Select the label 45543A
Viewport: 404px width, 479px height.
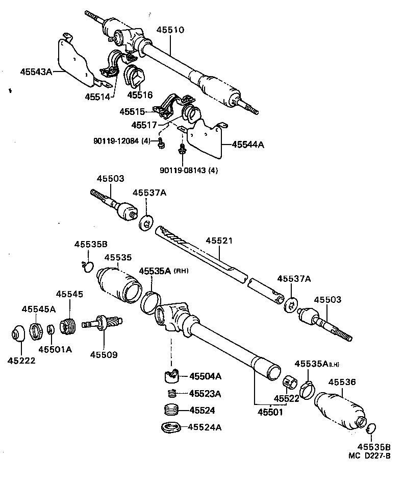(x=36, y=72)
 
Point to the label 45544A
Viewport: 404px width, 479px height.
(x=248, y=145)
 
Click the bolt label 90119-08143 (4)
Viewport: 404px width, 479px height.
(x=187, y=171)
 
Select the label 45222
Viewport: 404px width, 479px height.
(x=21, y=361)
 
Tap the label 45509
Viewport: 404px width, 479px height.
(x=104, y=354)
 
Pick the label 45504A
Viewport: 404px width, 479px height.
(x=206, y=376)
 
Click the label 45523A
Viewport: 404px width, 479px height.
(x=205, y=394)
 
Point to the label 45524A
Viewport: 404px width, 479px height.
(x=205, y=427)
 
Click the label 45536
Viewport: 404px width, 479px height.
(x=342, y=382)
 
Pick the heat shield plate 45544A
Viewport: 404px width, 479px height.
(x=206, y=139)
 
